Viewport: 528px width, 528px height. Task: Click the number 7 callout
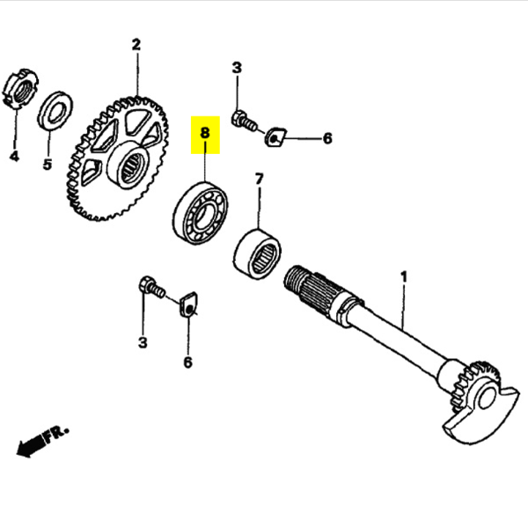(259, 179)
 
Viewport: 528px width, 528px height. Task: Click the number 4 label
(14, 157)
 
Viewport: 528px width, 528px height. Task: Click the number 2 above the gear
(136, 44)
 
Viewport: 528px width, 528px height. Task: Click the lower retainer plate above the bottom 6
(188, 305)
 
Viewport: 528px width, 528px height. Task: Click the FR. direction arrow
(41, 439)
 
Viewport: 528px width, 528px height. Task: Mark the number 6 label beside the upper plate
(326, 138)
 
